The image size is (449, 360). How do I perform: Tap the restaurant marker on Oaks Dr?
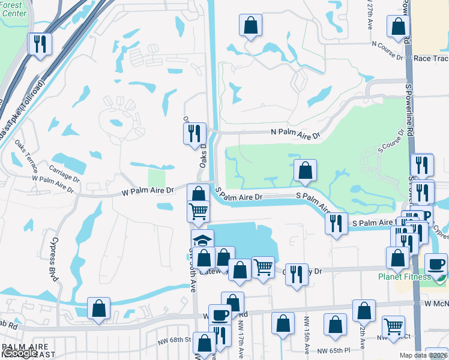(194, 133)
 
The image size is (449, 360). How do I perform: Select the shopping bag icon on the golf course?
(306, 171)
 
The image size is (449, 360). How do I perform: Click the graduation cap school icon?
(203, 240)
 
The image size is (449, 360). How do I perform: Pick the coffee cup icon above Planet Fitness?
(436, 264)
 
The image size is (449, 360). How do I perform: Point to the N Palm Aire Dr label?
(295, 133)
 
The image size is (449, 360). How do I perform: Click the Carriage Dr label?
(64, 174)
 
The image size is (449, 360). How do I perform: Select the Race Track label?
(432, 59)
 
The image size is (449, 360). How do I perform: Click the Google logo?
(20, 353)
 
